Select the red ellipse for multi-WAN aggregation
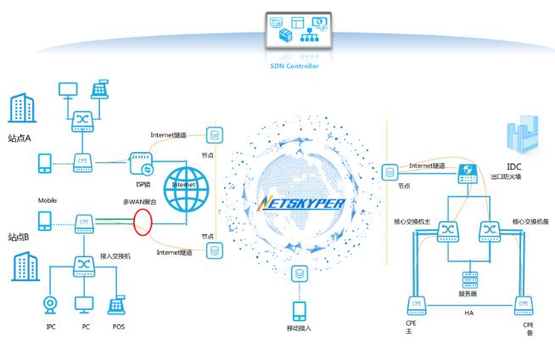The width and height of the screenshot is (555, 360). tap(143, 222)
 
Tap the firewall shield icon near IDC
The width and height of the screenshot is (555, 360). tap(467, 176)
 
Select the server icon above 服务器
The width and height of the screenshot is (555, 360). tap(467, 279)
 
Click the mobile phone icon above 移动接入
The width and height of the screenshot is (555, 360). tap(299, 310)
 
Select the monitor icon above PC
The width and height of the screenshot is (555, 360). tap(82, 304)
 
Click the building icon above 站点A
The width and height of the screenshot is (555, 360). tap(20, 109)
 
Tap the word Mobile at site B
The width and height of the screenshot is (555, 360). tap(48, 200)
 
